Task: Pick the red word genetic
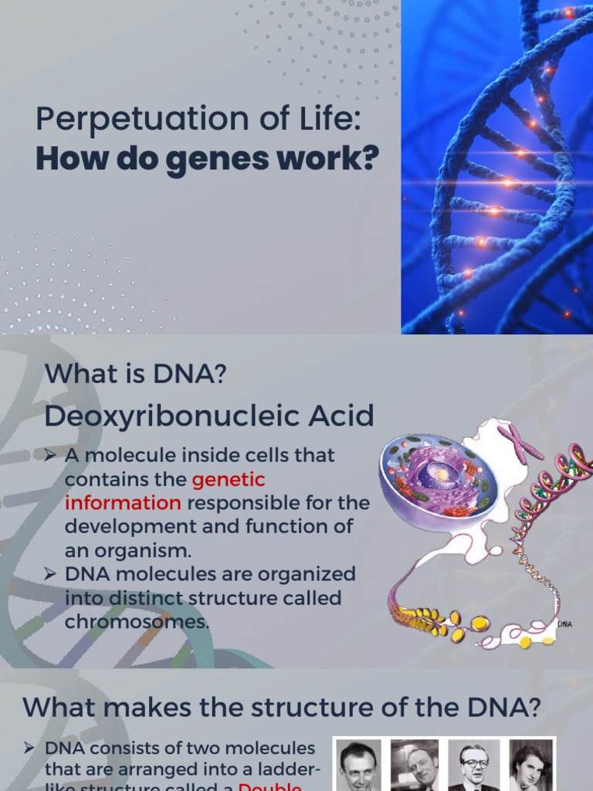click(229, 480)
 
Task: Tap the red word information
click(123, 503)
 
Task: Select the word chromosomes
click(137, 622)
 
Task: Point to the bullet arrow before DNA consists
click(29, 748)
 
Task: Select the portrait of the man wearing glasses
click(473, 767)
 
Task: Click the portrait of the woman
click(531, 767)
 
